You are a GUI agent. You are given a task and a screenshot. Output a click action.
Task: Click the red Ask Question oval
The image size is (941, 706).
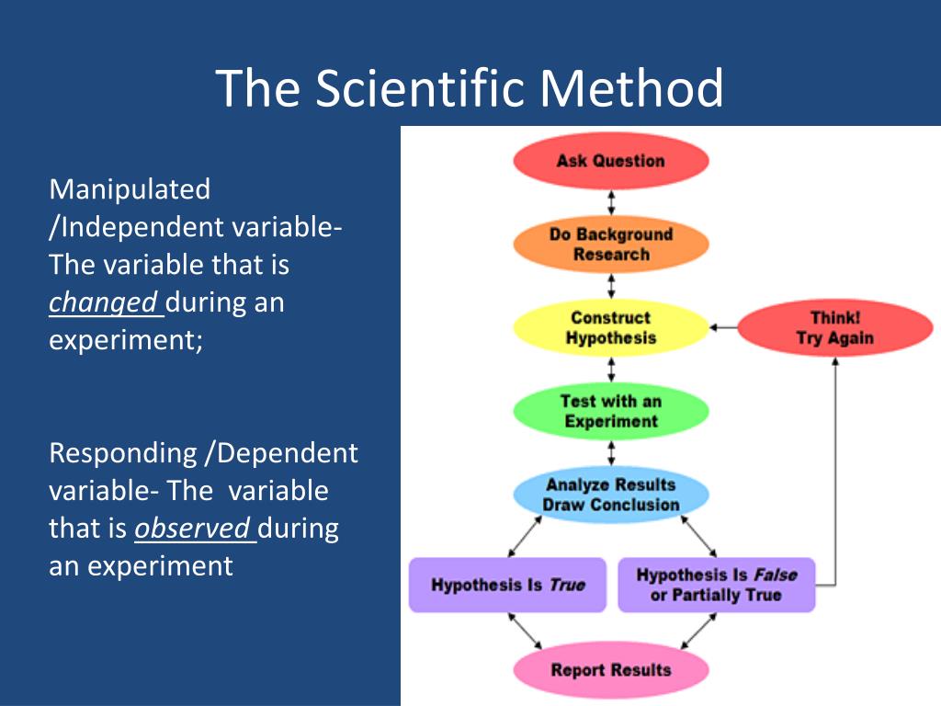tap(610, 162)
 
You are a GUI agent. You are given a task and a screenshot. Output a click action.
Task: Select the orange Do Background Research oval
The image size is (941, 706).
tap(610, 245)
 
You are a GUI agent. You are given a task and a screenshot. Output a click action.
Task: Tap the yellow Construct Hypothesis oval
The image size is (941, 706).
tap(610, 328)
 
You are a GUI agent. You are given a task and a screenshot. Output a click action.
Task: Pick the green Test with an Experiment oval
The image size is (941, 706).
tap(610, 412)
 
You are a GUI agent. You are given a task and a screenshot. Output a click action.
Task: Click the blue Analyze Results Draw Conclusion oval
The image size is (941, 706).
tap(610, 495)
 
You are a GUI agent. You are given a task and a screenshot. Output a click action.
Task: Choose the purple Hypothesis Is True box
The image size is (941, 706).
tap(507, 585)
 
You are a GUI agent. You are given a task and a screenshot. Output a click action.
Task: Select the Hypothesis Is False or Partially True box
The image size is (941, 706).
tap(716, 585)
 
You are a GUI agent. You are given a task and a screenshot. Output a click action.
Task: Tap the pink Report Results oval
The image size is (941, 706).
tap(610, 670)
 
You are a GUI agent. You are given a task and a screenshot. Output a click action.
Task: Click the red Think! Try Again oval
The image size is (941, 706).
tap(834, 328)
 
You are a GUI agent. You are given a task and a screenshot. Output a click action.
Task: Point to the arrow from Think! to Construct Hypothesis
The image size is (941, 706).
tap(724, 327)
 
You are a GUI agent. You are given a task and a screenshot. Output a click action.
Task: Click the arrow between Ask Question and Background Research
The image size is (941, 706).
tap(611, 203)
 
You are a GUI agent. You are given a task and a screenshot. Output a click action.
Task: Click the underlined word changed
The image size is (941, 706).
tap(104, 302)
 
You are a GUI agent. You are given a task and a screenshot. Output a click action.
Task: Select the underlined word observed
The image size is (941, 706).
tap(193, 529)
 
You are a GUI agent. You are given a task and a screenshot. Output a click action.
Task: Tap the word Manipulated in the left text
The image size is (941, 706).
tap(130, 189)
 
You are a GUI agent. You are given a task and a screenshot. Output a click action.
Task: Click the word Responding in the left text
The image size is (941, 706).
tap(122, 453)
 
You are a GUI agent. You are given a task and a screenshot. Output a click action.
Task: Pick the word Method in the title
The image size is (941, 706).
tap(631, 88)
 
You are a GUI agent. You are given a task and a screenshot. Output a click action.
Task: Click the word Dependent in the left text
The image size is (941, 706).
tap(288, 453)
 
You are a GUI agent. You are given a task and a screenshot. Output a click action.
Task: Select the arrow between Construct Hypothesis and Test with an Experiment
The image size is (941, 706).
tap(611, 370)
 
